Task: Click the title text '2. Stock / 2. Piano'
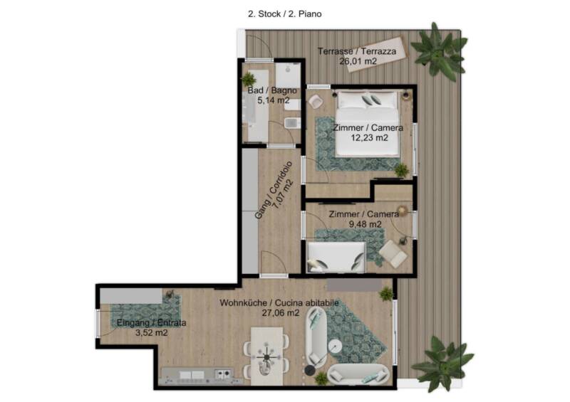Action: (x=284, y=14)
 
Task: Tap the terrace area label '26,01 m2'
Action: (x=358, y=61)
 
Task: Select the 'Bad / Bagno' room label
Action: (x=272, y=90)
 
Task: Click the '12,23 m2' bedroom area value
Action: (x=369, y=137)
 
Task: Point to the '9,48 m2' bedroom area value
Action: (x=365, y=224)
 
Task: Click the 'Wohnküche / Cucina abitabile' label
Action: (x=279, y=303)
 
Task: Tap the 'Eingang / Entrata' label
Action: (x=151, y=322)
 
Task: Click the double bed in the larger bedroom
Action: (x=367, y=124)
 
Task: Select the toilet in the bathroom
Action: (x=292, y=123)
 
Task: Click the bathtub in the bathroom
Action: (x=256, y=106)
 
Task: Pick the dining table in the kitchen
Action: (x=266, y=356)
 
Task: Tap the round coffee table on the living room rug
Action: (x=335, y=347)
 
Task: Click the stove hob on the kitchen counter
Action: (x=224, y=374)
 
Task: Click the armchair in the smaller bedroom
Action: (x=393, y=254)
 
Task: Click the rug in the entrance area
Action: (x=145, y=310)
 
